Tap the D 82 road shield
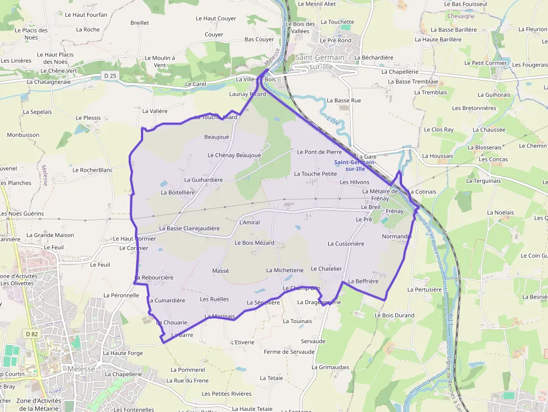tap(31, 334)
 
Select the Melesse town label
tap(82, 369)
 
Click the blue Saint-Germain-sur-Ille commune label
tap(355, 165)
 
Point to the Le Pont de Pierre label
tap(319, 151)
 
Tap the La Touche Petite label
tap(315, 174)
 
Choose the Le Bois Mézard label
tap(254, 243)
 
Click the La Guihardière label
tap(204, 180)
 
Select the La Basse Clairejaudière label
tap(189, 228)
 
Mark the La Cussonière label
tap(346, 244)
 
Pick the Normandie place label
tap(397, 236)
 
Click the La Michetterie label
tap(285, 270)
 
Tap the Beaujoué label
tap(217, 136)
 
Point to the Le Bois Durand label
tap(394, 315)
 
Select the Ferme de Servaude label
tap(289, 352)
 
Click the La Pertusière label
tap(425, 290)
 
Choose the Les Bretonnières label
tap(474, 108)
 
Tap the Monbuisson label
tap(23, 135)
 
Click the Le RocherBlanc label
tap(92, 170)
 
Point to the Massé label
tap(221, 271)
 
